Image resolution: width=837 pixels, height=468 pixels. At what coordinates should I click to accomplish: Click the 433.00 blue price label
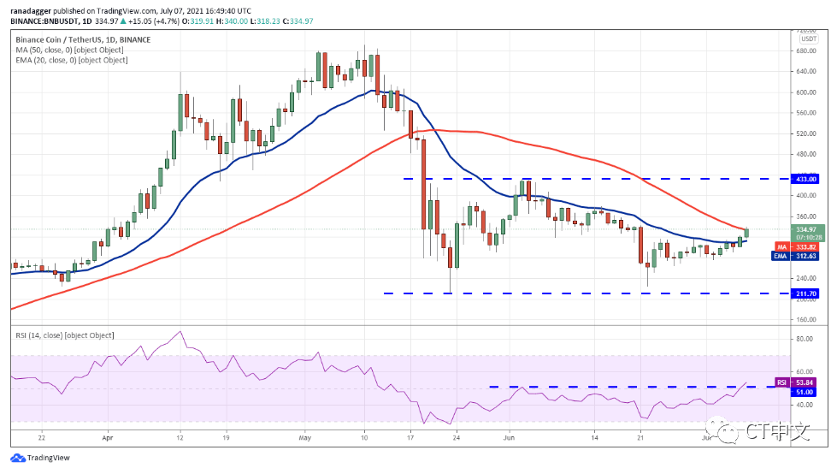click(x=807, y=179)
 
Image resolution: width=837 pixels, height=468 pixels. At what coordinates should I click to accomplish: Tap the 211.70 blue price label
click(x=807, y=293)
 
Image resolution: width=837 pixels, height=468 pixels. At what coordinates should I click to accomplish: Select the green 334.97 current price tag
click(x=807, y=229)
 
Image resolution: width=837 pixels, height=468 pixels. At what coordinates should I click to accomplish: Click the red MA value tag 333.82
click(x=807, y=246)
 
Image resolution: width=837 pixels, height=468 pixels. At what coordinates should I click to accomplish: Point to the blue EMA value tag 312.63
click(x=807, y=256)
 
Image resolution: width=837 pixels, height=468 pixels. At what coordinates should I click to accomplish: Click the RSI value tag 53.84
click(x=807, y=382)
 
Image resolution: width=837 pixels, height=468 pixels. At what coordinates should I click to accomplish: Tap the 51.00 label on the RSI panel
click(x=807, y=391)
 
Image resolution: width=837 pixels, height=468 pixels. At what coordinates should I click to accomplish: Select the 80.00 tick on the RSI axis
click(x=805, y=340)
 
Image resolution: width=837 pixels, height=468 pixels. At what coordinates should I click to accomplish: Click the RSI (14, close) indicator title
click(x=64, y=335)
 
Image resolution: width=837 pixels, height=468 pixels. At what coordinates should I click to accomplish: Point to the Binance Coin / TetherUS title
click(x=81, y=39)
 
